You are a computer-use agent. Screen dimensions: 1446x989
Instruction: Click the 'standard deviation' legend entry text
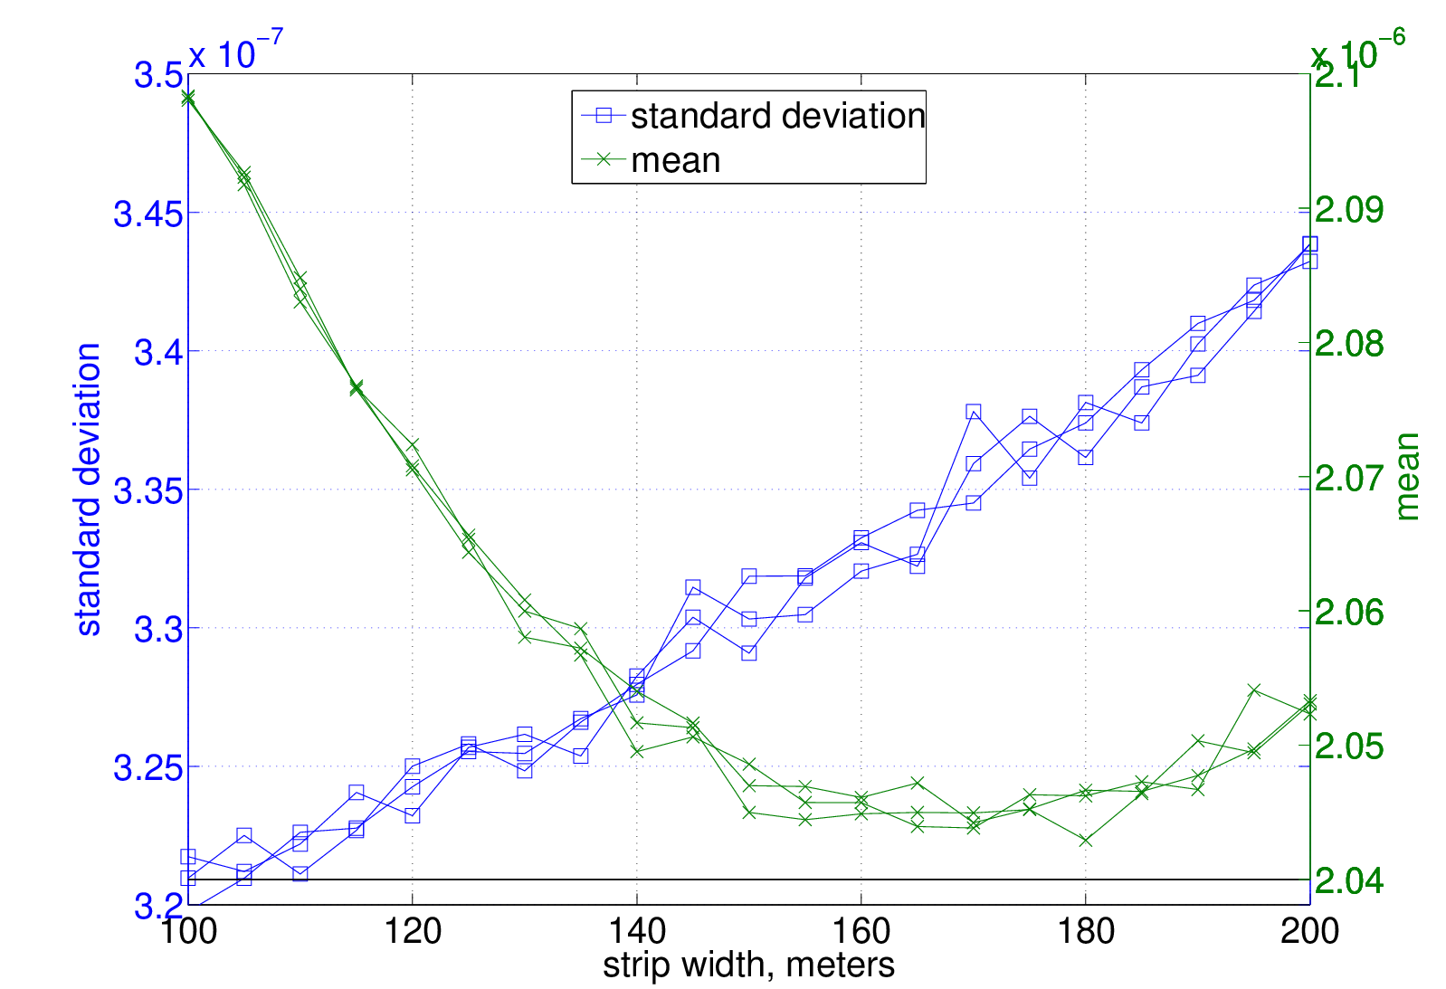tap(778, 116)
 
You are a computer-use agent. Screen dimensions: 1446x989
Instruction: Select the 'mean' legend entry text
tap(675, 160)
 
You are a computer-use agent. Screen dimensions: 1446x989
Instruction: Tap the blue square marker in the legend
tap(604, 116)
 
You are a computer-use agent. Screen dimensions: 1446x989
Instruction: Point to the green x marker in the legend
tap(604, 159)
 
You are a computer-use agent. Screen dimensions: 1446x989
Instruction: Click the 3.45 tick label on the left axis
tap(147, 214)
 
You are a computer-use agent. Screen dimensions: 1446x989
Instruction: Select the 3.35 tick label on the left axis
tap(147, 491)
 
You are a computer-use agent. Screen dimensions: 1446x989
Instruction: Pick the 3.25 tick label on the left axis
tap(147, 768)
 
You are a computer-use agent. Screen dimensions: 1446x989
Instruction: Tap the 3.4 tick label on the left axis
tap(158, 353)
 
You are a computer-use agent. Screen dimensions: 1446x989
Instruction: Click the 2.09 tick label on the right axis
tap(1349, 210)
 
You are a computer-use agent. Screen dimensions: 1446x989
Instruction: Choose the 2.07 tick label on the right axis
tap(1349, 479)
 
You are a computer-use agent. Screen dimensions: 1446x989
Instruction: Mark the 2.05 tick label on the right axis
tap(1349, 747)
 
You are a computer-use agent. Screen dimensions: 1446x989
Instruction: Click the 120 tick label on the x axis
tap(413, 932)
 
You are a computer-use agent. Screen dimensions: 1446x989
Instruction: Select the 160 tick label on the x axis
tap(861, 932)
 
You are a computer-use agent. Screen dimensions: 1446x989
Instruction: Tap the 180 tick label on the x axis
tap(1086, 932)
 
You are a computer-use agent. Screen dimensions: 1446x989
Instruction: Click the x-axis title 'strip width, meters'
tap(749, 966)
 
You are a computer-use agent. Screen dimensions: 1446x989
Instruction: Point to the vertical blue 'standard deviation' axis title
tap(89, 490)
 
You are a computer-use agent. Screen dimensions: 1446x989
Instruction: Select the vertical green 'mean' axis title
tap(1406, 477)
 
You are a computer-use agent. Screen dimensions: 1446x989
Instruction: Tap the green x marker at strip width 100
tap(188, 98)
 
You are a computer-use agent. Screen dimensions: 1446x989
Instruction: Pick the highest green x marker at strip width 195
tap(1253, 690)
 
